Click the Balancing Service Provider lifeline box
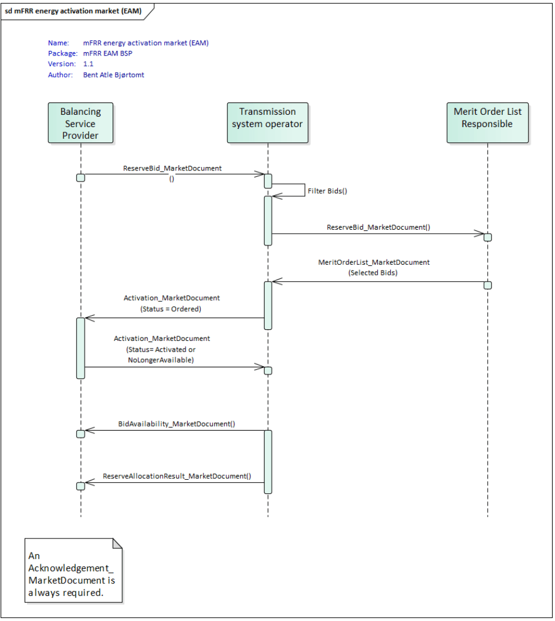click(x=80, y=123)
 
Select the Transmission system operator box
click(x=267, y=123)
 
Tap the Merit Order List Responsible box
click(x=487, y=123)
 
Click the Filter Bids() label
click(x=327, y=191)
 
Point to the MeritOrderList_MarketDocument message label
click(x=374, y=262)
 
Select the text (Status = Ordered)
click(x=171, y=309)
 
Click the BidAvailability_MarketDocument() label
click(x=177, y=424)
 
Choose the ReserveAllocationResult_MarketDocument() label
click(x=177, y=476)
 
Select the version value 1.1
click(x=88, y=64)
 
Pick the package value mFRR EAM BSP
click(x=108, y=53)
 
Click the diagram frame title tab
click(x=73, y=11)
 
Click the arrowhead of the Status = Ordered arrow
click(x=89, y=318)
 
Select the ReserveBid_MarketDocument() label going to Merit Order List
click(x=378, y=227)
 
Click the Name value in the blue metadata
click(x=145, y=43)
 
